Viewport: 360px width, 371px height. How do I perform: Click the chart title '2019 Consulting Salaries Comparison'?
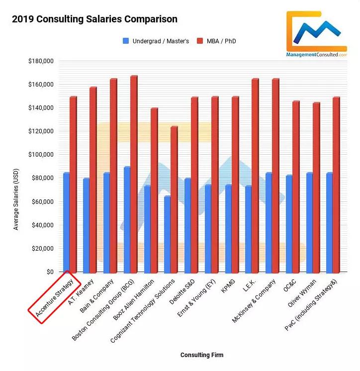94,20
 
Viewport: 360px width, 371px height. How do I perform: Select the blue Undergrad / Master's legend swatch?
126,41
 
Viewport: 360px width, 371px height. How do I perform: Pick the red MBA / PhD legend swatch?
200,41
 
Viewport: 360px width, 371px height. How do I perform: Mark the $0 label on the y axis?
50,272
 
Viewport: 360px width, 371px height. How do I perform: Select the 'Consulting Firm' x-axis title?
202,355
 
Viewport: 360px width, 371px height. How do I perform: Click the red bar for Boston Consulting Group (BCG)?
134,174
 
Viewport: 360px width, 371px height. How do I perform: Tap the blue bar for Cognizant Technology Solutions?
168,234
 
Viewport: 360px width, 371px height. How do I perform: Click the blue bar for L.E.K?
248,229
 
